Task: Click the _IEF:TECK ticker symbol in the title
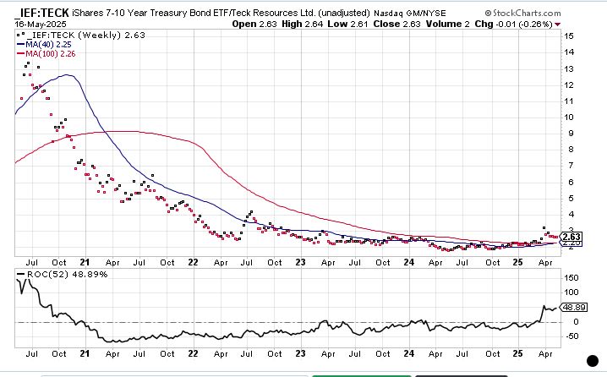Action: (41, 14)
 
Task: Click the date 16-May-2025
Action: (41, 25)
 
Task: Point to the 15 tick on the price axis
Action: (571, 36)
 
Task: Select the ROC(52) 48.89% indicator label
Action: (54, 275)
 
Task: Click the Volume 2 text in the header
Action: (449, 25)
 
